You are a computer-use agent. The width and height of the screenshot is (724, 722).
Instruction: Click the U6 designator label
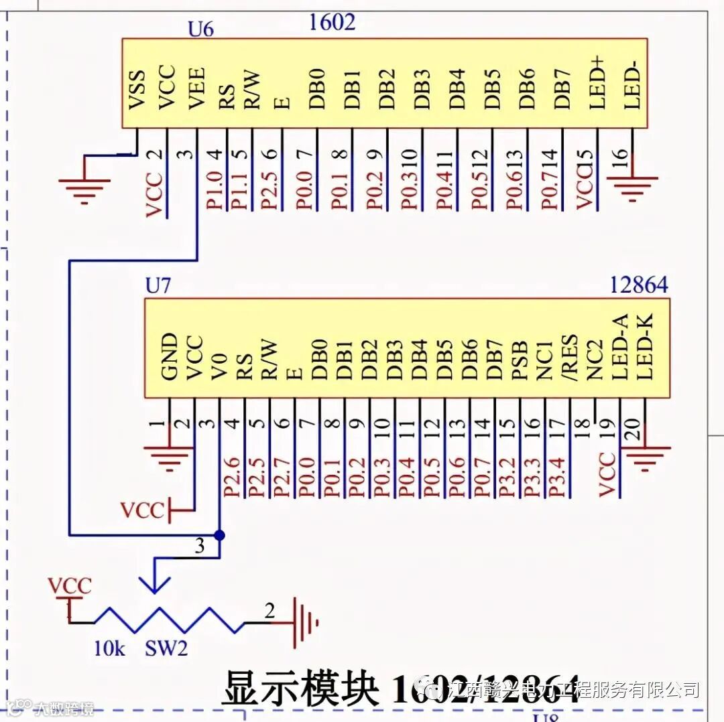tap(200, 30)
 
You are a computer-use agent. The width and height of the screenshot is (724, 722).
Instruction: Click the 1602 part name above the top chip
tap(332, 22)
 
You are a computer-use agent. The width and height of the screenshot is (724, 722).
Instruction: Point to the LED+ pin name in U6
tap(596, 83)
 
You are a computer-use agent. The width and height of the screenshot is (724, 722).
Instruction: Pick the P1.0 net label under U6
tap(215, 190)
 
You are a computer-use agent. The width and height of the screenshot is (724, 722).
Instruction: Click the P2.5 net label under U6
tap(269, 190)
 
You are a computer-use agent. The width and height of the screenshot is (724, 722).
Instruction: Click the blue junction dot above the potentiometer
tap(219, 535)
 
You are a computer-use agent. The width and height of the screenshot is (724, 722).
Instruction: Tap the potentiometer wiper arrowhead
tap(155, 584)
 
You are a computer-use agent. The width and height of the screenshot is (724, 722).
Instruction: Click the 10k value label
tap(109, 649)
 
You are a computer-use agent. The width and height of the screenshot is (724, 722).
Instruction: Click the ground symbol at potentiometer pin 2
tap(304, 623)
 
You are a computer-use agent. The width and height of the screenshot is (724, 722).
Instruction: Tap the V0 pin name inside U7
tap(220, 365)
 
